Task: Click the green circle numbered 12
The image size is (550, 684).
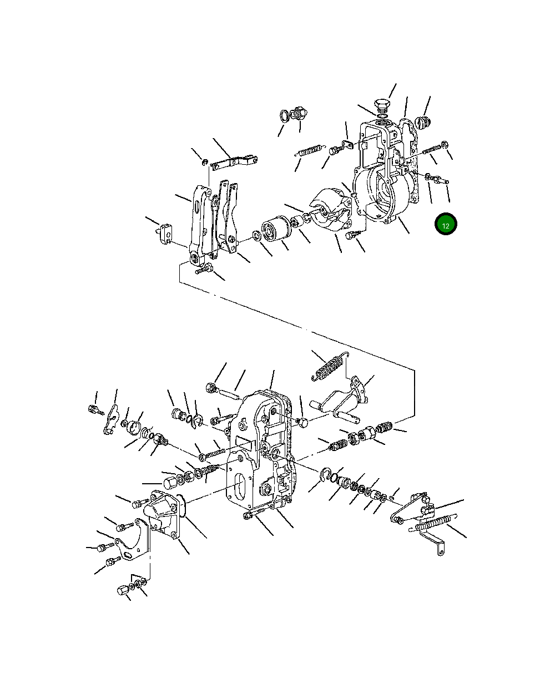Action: pyautogui.click(x=446, y=224)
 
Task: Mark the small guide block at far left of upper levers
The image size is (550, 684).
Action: pyautogui.click(x=165, y=231)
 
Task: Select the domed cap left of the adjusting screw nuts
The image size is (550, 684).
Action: pyautogui.click(x=170, y=480)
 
